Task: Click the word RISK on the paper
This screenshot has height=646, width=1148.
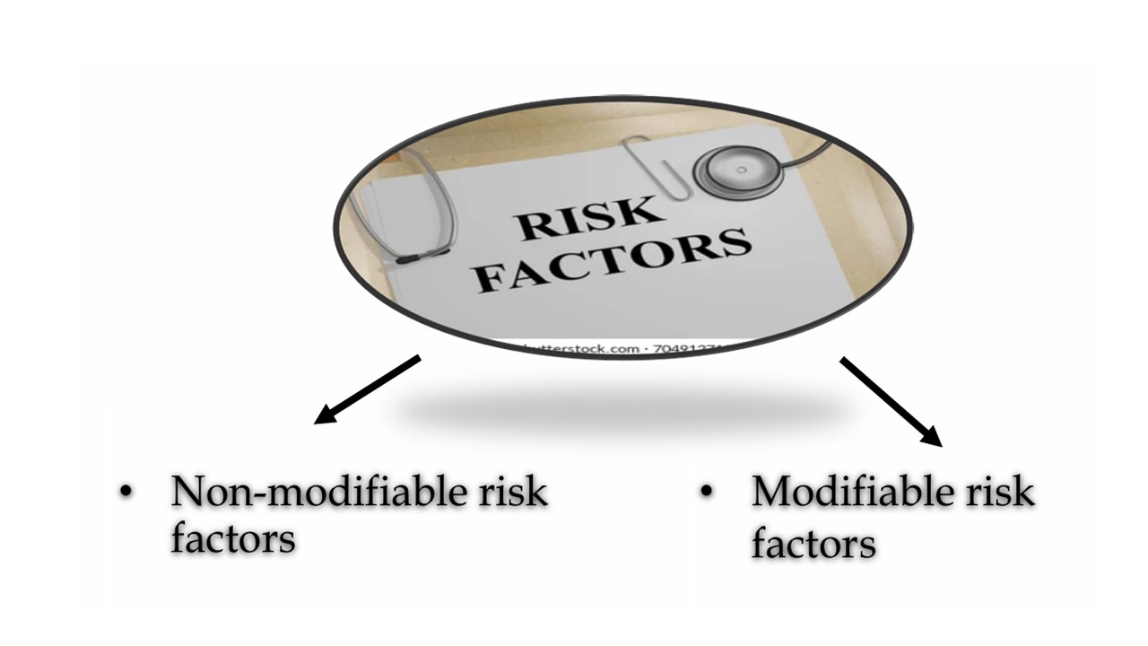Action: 587,220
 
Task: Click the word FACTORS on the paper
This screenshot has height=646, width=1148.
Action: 612,264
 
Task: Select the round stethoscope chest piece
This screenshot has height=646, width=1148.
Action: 740,171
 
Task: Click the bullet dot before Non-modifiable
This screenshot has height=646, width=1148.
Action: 125,493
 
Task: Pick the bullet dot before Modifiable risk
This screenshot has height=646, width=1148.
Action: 707,493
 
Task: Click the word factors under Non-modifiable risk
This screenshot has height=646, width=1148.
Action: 232,538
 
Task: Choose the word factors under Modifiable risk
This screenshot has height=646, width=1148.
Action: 813,544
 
